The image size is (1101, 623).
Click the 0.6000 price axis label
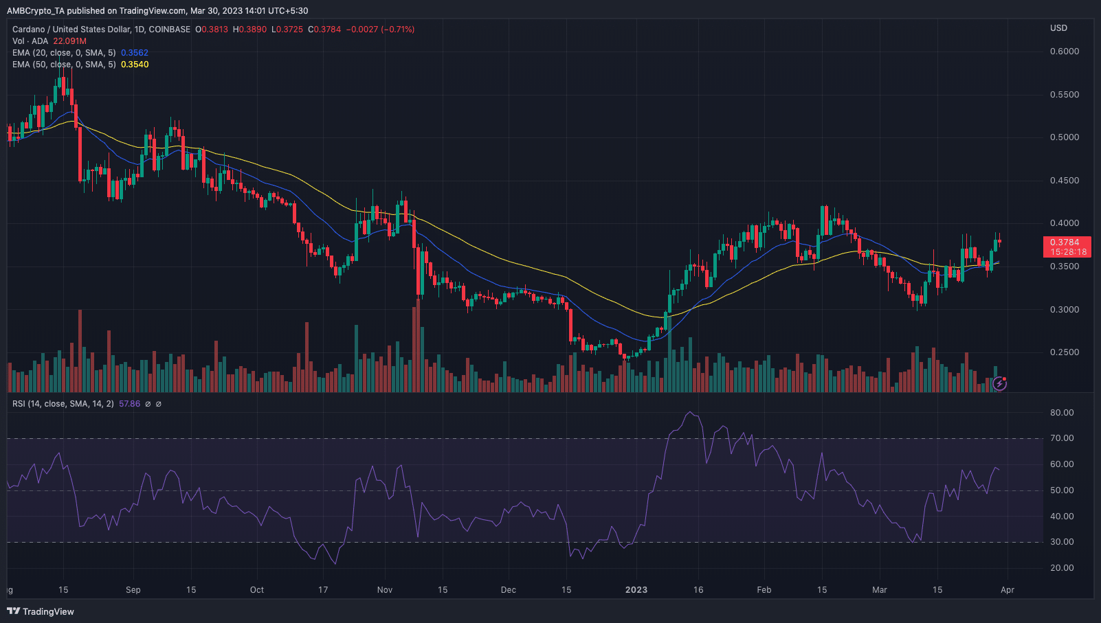pos(1064,52)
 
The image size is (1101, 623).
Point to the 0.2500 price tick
pos(1064,352)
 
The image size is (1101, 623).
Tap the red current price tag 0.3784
pos(1066,242)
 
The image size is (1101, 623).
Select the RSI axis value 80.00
pos(1062,413)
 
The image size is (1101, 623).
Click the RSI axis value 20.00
pos(1062,568)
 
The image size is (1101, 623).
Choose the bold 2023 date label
pos(636,590)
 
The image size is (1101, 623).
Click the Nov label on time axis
pos(385,590)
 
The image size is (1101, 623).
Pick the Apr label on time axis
pos(1008,590)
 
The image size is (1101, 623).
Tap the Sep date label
pos(133,590)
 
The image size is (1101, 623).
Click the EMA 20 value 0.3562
pos(135,53)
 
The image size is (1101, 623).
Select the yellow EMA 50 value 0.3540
pos(135,65)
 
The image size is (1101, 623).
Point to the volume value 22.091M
pos(70,41)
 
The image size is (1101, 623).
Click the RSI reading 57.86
pos(129,404)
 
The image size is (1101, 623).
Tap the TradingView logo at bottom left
pos(41,611)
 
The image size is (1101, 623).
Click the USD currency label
pos(1058,28)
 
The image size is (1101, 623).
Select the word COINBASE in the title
pos(170,30)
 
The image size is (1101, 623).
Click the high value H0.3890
pos(249,30)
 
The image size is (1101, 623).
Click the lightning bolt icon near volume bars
pos(1000,383)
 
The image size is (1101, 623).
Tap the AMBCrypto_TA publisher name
pos(35,11)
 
